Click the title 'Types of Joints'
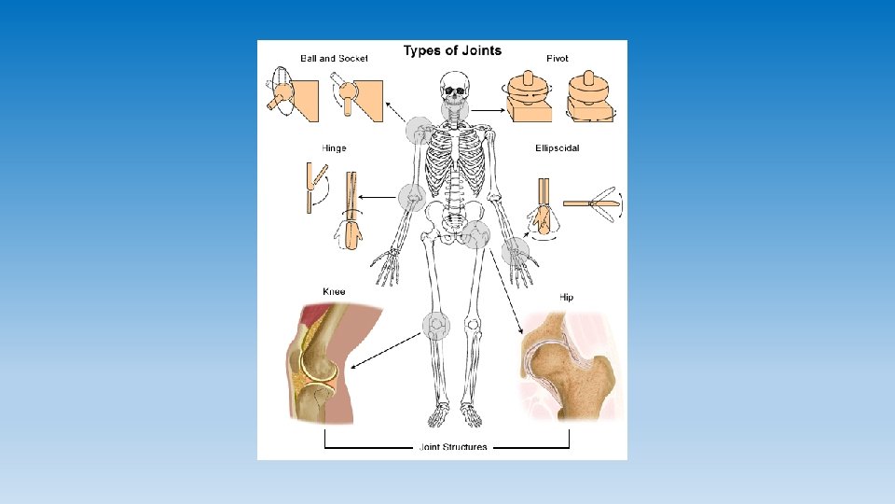click(452, 51)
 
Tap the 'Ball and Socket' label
click(334, 59)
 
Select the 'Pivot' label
click(558, 59)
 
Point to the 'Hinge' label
click(334, 148)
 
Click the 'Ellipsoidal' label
click(558, 148)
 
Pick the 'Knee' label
click(334, 292)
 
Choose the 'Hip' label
click(566, 298)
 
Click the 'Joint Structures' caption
click(452, 448)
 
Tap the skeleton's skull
click(454, 90)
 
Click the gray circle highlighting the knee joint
click(435, 325)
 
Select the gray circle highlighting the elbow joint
click(411, 197)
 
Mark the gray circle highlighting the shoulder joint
click(421, 131)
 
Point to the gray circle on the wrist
click(515, 250)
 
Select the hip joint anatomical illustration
click(566, 366)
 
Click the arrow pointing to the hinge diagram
click(379, 197)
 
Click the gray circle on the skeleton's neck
click(455, 113)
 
